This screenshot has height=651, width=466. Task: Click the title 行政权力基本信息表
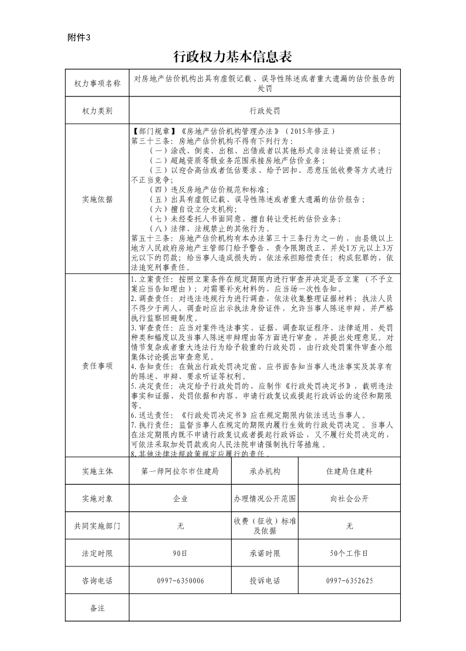click(233, 56)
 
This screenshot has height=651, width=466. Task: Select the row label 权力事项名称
click(97, 83)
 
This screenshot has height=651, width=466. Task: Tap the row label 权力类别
click(97, 110)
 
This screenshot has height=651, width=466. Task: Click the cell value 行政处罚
click(264, 110)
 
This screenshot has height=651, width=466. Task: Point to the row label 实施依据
click(97, 199)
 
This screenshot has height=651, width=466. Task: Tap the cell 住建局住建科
click(349, 471)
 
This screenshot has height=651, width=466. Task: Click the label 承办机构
click(265, 471)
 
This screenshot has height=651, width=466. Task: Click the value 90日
click(180, 553)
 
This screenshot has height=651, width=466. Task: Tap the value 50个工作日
click(349, 553)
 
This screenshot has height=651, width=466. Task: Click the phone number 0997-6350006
click(180, 580)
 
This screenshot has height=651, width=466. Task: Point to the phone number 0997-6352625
click(349, 580)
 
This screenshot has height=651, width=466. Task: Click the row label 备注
click(97, 608)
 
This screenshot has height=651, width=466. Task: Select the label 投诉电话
click(265, 580)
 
